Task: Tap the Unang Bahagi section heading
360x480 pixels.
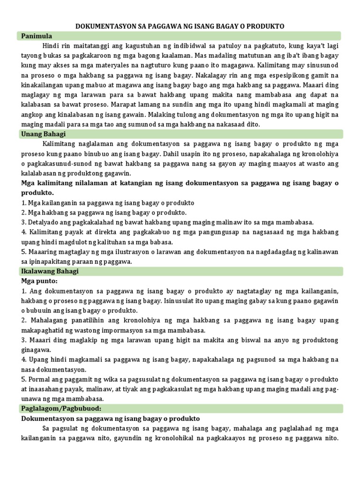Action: (x=43, y=134)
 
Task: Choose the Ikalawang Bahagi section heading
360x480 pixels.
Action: (x=50, y=271)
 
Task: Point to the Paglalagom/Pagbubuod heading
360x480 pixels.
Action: (x=61, y=408)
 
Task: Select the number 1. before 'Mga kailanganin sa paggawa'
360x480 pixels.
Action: (x=24, y=203)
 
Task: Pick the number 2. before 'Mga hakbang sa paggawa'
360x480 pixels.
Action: (x=24, y=213)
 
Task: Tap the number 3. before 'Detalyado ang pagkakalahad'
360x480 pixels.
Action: (x=24, y=222)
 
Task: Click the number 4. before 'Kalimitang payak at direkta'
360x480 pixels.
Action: (x=24, y=232)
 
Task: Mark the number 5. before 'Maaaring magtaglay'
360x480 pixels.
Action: (x=24, y=252)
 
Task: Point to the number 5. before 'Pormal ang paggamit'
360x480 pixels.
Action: (x=24, y=379)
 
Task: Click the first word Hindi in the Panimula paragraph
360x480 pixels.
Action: (x=51, y=46)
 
